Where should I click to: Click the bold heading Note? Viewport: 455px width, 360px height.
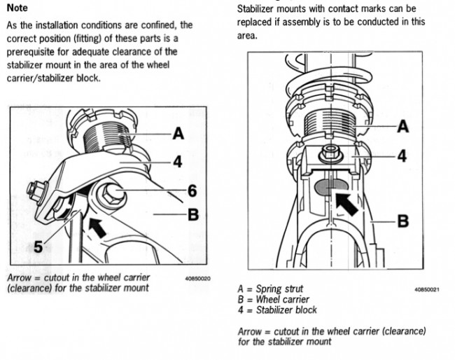pyautogui.click(x=17, y=8)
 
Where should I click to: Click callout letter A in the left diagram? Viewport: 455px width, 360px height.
pyautogui.click(x=180, y=134)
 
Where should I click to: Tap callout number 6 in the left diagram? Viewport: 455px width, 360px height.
pyautogui.click(x=192, y=190)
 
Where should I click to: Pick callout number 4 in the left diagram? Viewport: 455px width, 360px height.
pyautogui.click(x=178, y=161)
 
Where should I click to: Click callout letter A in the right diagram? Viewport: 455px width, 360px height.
pyautogui.click(x=403, y=126)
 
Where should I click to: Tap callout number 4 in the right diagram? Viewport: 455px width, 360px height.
pyautogui.click(x=402, y=155)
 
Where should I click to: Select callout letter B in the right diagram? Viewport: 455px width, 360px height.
pyautogui.click(x=403, y=221)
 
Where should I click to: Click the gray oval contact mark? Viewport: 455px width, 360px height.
pyautogui.click(x=328, y=187)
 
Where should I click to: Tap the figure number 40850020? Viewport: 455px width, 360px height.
pyautogui.click(x=198, y=279)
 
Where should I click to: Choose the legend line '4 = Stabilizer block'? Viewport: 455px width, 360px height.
pyautogui.click(x=277, y=310)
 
